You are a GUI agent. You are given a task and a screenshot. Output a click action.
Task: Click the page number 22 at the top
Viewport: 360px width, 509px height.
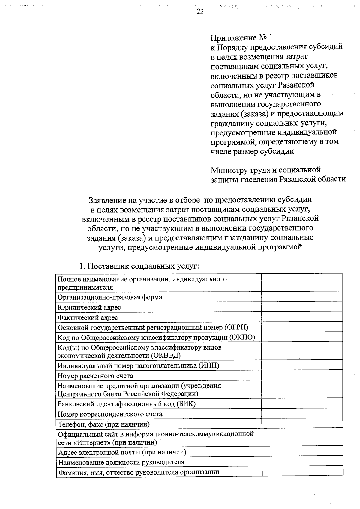click(x=200, y=11)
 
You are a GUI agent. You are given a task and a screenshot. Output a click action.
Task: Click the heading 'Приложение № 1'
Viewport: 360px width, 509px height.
click(x=242, y=38)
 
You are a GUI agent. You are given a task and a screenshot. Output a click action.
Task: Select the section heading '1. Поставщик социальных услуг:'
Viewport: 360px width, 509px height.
click(x=139, y=266)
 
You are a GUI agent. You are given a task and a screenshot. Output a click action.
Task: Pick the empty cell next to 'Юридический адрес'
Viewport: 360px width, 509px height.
click(x=302, y=307)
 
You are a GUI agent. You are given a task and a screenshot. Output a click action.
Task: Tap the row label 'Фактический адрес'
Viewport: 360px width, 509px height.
click(x=88, y=317)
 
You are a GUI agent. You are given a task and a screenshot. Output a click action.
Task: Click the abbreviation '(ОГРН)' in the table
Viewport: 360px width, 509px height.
click(x=236, y=327)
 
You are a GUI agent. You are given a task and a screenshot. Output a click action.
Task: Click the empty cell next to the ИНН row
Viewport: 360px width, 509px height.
click(x=302, y=365)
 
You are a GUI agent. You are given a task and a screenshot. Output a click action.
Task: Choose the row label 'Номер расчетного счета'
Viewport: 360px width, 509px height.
click(x=95, y=376)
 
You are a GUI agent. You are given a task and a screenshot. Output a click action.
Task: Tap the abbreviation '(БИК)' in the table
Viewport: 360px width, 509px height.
click(x=186, y=404)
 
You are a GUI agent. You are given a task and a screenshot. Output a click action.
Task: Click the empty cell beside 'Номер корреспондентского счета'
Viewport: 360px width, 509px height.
click(x=302, y=414)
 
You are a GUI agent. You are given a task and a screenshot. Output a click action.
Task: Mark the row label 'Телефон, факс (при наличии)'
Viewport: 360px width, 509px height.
click(x=104, y=424)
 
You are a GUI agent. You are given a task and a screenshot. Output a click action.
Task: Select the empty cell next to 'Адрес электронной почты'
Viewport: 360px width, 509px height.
click(x=302, y=452)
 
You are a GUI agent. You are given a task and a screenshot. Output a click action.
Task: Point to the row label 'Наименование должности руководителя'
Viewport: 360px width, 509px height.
click(x=121, y=462)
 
